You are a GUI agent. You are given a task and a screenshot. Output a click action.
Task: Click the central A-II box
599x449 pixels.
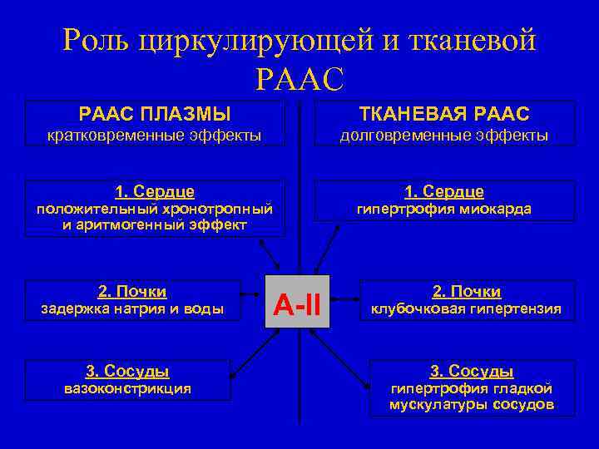coord(298,300)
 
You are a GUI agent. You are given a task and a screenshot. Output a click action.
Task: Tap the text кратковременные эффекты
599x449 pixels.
coord(154,135)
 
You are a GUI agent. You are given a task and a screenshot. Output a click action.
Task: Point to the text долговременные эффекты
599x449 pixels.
coord(444,135)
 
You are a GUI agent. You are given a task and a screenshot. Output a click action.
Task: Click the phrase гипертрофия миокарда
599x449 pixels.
coord(444,210)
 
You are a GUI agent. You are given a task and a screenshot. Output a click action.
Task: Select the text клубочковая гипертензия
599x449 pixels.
coord(466,309)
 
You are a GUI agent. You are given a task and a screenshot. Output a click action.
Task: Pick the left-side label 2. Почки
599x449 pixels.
coord(132,291)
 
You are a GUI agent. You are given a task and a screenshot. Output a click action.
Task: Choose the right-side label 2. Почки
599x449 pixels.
coord(466,292)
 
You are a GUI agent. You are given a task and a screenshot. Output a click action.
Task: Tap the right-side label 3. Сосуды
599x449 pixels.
coord(472,371)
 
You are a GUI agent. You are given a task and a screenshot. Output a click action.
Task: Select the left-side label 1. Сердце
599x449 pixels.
coord(154,191)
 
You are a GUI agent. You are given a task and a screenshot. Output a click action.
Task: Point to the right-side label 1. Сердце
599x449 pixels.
coord(444,192)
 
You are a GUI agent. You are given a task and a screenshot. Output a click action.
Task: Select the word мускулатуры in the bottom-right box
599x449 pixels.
coord(432,405)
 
